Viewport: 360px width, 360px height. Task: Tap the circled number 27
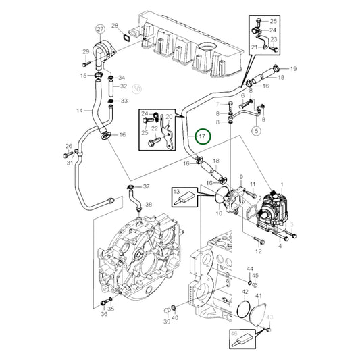(100, 30)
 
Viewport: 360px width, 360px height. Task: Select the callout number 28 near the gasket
(114, 26)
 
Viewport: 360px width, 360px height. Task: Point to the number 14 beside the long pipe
(79, 110)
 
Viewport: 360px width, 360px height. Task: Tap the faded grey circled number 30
(137, 88)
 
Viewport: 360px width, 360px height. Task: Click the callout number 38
(149, 204)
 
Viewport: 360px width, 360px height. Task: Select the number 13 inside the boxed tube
(177, 192)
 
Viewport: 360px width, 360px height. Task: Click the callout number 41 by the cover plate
(258, 296)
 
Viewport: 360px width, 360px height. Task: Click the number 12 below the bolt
(257, 251)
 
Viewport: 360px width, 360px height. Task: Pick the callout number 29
(86, 52)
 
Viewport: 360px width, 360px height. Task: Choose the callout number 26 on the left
(68, 146)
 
